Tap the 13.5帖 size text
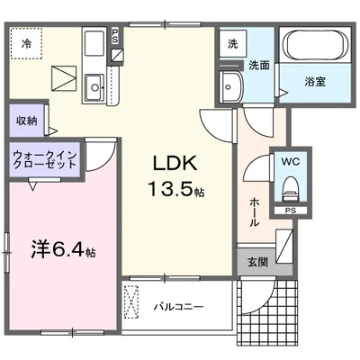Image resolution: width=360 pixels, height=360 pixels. [x=168, y=191]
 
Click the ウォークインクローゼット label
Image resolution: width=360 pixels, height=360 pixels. [x=46, y=161]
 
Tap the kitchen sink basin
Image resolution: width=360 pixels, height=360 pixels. [x=94, y=86]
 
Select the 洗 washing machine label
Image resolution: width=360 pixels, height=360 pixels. [x=232, y=43]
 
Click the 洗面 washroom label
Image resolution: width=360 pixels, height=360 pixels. [x=259, y=65]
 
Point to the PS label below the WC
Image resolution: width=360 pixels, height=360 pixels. [x=290, y=212]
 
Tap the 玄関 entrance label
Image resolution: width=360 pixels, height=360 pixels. [x=256, y=263]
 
